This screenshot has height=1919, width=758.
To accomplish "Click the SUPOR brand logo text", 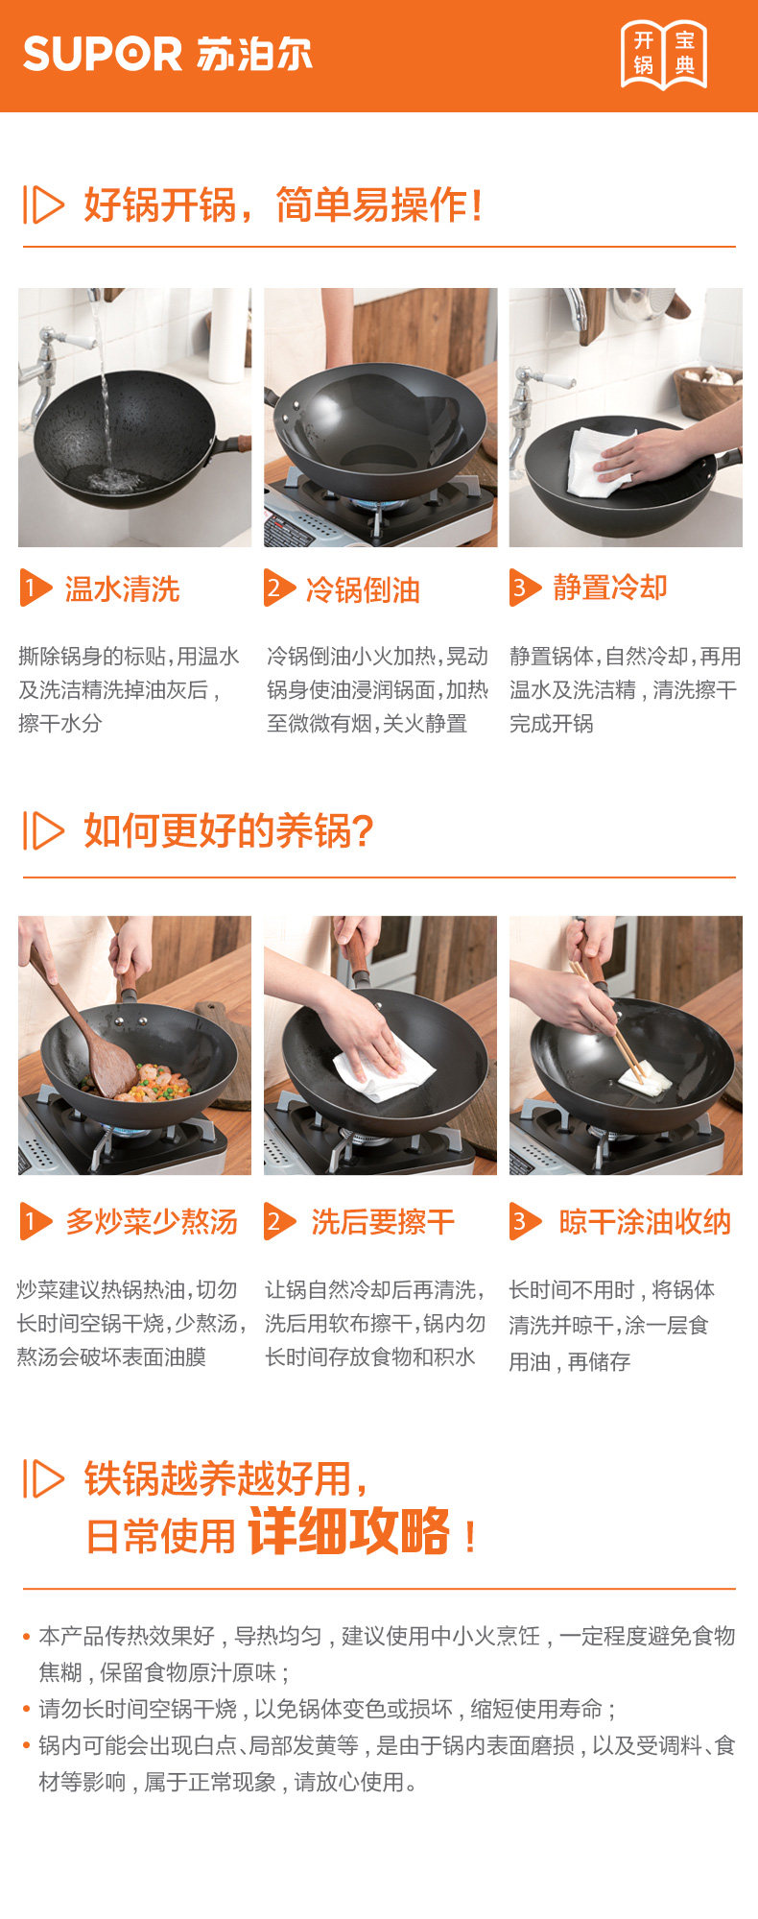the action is [x=102, y=54].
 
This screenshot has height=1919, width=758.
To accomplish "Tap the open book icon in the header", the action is [x=664, y=54].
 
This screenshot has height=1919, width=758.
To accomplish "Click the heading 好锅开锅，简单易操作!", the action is [x=283, y=204].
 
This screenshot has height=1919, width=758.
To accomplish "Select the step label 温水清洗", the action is [x=122, y=588].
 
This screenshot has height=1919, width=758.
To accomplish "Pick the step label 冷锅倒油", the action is [x=363, y=589].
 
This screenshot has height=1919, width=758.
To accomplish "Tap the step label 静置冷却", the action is [x=610, y=588].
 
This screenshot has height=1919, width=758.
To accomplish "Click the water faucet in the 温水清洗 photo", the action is [x=58, y=370].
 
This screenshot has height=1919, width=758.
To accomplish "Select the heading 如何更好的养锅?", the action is [x=228, y=830].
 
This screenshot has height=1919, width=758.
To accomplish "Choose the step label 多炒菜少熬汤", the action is [x=152, y=1222].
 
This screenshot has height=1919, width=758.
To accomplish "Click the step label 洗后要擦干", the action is [x=383, y=1222].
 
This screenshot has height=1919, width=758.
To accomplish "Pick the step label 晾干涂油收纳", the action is [x=645, y=1222].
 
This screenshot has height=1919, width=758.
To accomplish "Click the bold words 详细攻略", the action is [x=349, y=1530].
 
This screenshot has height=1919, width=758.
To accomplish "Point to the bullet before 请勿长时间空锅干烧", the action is [x=27, y=1709].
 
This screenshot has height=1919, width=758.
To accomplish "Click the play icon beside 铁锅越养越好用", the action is [x=43, y=1478].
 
